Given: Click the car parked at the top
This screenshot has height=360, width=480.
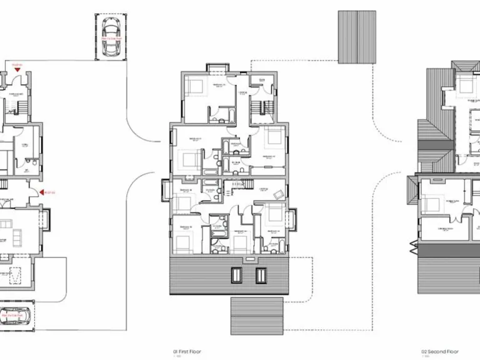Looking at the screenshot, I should (x=112, y=37).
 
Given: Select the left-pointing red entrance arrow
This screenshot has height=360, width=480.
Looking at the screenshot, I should (x=42, y=192).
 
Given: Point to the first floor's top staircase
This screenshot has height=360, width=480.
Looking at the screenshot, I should (x=256, y=109).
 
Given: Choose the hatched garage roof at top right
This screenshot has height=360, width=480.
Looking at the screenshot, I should (x=357, y=36).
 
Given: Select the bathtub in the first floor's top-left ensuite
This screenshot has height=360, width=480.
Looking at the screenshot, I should (x=223, y=116).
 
